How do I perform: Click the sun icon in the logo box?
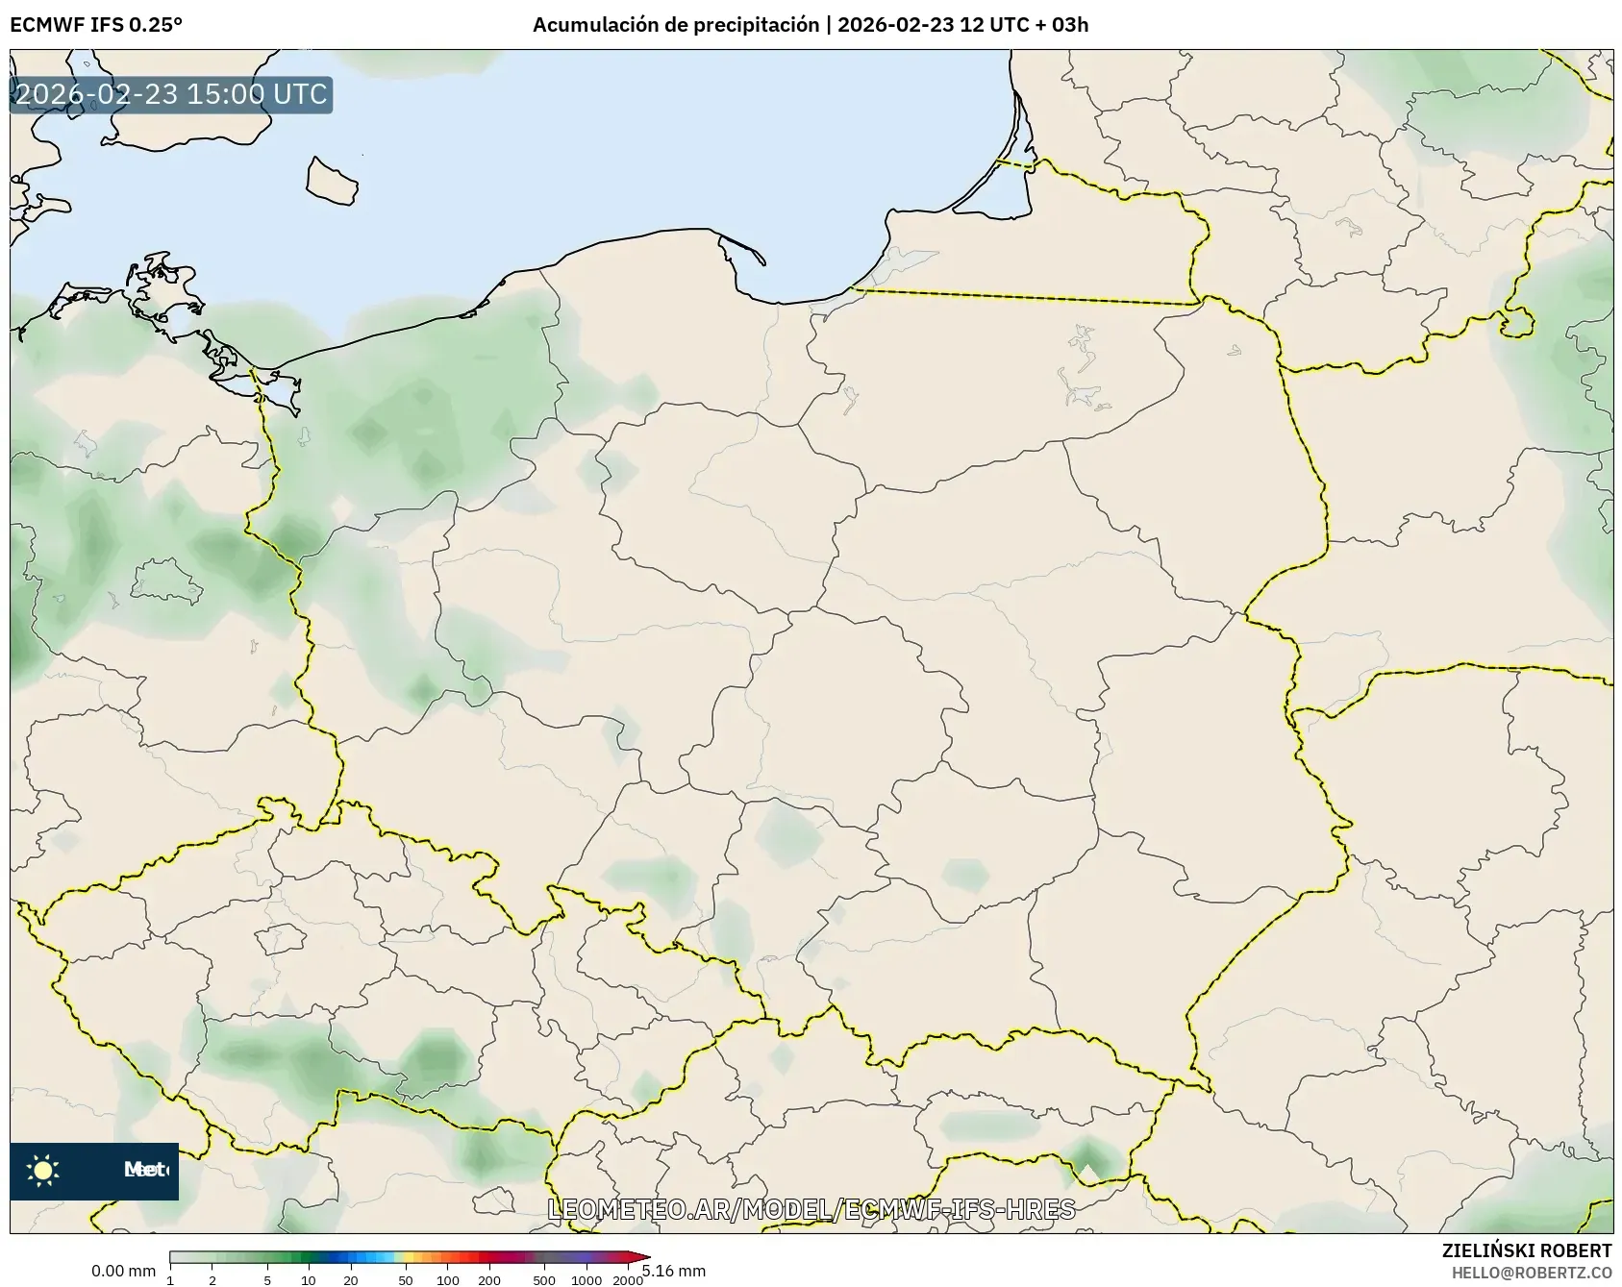point(43,1170)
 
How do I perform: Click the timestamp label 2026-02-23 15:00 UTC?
point(171,94)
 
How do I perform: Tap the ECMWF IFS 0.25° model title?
point(96,25)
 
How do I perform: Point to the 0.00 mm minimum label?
point(123,1271)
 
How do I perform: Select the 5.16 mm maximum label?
point(674,1271)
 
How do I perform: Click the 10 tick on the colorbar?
point(309,1279)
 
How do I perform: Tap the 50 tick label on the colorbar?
point(406,1279)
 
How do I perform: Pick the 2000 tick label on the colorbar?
point(628,1279)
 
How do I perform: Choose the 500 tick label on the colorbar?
point(544,1279)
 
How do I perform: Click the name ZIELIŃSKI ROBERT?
point(1526,1250)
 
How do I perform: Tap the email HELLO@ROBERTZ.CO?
point(1531,1273)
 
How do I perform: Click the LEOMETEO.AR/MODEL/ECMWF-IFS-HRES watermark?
point(811,1208)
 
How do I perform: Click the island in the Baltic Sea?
point(331,182)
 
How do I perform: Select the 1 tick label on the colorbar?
point(170,1279)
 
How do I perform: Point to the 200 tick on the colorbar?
point(489,1279)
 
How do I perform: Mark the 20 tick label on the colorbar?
point(351,1279)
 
